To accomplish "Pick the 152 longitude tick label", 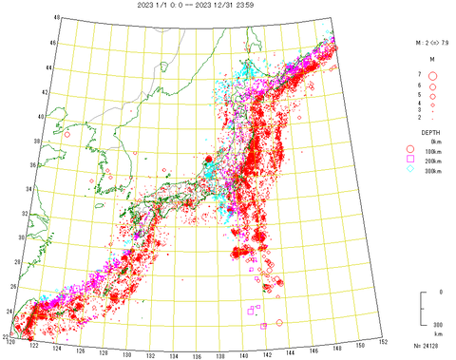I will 382,341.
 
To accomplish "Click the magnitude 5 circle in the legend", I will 432,96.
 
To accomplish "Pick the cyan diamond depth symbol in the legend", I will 410,172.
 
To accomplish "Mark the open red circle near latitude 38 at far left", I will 67,135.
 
